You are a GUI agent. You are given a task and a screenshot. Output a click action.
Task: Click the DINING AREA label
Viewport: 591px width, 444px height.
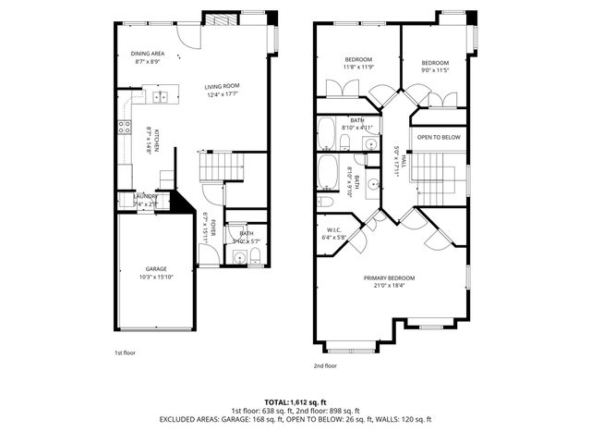[147, 54]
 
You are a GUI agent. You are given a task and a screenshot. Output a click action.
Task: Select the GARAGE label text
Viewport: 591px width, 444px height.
[155, 268]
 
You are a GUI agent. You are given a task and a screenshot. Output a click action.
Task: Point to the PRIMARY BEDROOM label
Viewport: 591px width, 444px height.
[389, 278]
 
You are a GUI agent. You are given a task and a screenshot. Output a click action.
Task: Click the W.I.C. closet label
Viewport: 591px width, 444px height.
[334, 230]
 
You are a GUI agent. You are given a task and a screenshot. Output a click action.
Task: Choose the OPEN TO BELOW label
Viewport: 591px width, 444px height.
[439, 137]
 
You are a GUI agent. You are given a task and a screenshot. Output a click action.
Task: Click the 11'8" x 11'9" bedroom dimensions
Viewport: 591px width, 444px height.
[357, 68]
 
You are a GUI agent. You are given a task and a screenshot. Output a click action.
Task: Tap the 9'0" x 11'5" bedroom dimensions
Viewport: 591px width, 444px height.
[435, 70]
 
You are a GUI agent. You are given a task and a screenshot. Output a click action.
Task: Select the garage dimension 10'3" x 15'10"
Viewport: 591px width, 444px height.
[155, 277]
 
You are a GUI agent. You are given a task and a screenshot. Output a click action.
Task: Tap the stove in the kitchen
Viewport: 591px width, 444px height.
[123, 129]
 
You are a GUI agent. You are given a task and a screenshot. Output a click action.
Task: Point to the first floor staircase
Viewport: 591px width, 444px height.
[224, 167]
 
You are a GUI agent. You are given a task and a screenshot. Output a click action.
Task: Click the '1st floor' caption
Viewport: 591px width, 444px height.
[125, 352]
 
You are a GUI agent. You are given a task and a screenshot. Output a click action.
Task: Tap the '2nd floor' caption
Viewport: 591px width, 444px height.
[325, 365]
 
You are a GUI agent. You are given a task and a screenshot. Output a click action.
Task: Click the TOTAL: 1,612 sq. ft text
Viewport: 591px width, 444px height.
[295, 401]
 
